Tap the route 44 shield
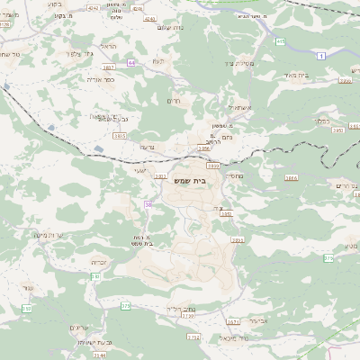click(131, 63)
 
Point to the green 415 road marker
click(281, 41)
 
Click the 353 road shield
click(26, 309)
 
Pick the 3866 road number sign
click(290, 178)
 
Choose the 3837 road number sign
click(109, 67)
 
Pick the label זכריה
click(100, 263)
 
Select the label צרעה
click(148, 147)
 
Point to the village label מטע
click(350, 244)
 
